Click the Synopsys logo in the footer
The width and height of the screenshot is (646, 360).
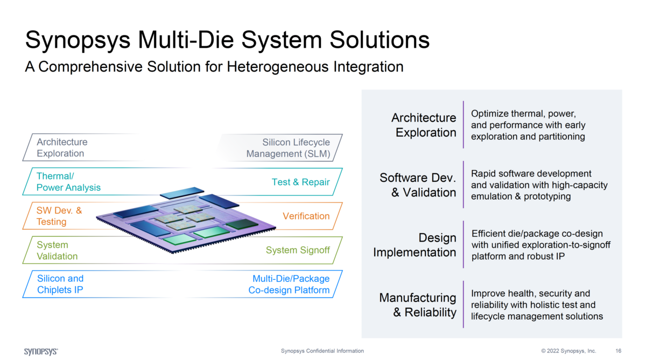[x=41, y=351]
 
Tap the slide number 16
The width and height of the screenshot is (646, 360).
[x=618, y=351]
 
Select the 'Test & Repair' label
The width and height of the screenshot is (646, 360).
[x=300, y=182]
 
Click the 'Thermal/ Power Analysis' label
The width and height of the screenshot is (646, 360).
[x=68, y=182]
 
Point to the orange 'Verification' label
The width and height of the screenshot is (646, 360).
[x=306, y=216]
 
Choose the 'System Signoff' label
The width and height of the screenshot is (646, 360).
[x=298, y=250]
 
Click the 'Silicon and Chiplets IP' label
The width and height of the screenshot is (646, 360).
[x=60, y=284]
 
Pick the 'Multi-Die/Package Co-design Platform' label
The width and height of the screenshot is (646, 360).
[x=289, y=284]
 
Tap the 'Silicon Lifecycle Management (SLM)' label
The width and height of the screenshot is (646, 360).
[x=288, y=148]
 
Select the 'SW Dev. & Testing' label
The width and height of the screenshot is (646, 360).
[x=59, y=216]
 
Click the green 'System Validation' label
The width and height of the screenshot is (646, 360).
[x=57, y=250]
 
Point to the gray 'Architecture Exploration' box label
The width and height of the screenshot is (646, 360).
[x=61, y=147]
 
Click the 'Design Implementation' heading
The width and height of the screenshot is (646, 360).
[x=415, y=245]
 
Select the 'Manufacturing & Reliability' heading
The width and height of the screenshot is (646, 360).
[x=418, y=305]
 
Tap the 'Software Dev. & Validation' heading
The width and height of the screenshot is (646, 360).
[x=418, y=185]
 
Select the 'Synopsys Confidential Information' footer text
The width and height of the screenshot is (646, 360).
[x=322, y=351]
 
